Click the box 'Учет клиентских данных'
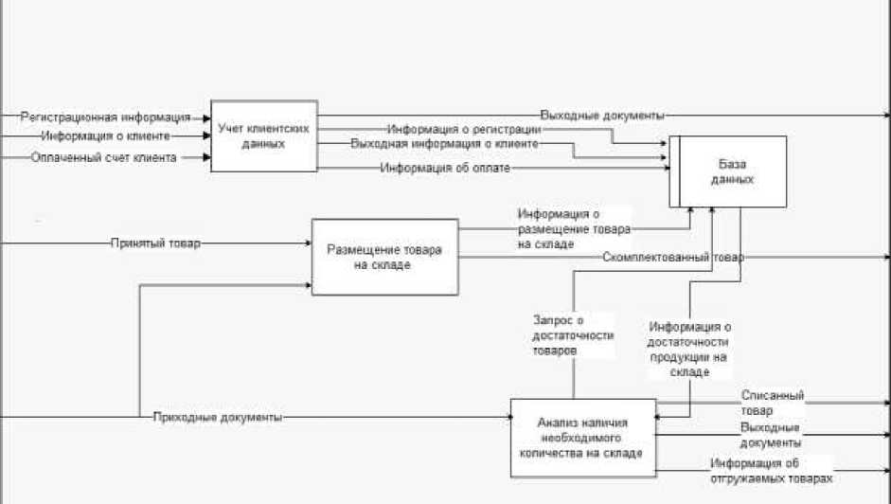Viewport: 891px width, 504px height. click(x=262, y=135)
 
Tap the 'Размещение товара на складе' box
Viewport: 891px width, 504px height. click(x=384, y=257)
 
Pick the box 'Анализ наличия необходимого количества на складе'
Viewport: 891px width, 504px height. click(x=583, y=437)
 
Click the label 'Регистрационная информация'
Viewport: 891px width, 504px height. click(x=104, y=117)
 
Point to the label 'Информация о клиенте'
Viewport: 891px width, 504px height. click(x=105, y=136)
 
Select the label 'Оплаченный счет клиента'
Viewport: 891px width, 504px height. click(x=103, y=157)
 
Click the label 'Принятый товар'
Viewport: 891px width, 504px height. click(x=155, y=243)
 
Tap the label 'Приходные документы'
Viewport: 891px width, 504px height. click(x=217, y=417)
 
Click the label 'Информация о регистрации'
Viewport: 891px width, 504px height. click(x=463, y=129)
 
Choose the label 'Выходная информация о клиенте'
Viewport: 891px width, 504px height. click(x=444, y=144)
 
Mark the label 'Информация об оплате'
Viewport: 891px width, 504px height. click(x=445, y=168)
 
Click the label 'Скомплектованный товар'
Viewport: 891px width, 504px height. click(x=672, y=258)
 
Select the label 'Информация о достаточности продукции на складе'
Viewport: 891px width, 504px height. click(x=689, y=350)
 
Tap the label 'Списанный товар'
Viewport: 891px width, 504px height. click(x=772, y=402)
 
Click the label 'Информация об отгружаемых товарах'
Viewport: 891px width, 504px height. click(x=772, y=470)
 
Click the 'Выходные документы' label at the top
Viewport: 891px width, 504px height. click(x=601, y=115)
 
